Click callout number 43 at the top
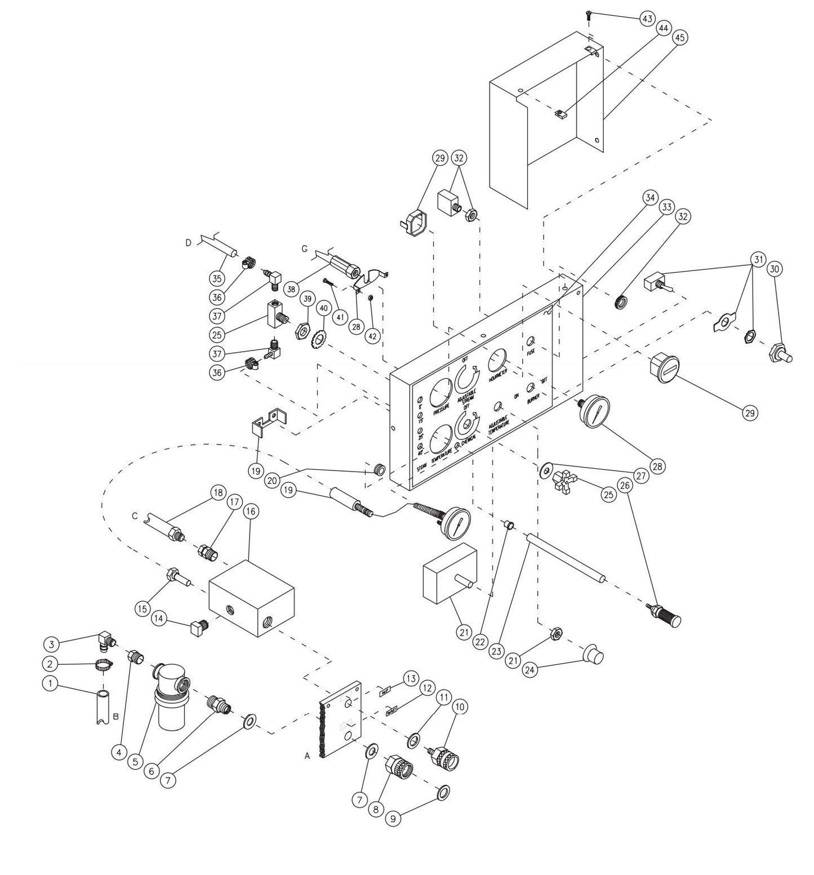647,19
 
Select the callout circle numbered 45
679,37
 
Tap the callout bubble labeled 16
251,512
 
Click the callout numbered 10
461,706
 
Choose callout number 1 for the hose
50,683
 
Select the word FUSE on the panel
531,352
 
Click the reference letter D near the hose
188,243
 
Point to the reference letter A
307,757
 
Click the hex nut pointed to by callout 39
302,328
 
